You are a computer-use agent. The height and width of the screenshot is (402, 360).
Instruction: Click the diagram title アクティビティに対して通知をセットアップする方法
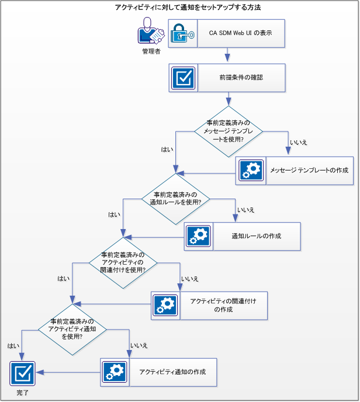(180, 8)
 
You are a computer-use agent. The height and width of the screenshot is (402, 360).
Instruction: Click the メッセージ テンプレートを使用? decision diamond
(229, 131)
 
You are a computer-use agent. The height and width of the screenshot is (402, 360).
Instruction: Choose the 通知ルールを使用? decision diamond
(176, 198)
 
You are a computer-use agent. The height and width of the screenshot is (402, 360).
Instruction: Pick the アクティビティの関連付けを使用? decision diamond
(123, 262)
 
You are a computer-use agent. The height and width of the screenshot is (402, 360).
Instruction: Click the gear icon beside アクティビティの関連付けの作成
(165, 305)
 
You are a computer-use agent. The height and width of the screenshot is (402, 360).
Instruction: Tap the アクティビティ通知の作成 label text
(171, 372)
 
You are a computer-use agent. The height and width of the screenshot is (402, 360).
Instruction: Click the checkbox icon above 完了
(23, 372)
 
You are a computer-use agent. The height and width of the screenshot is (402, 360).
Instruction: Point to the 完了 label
(22, 393)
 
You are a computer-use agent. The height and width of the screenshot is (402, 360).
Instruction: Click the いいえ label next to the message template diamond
(299, 142)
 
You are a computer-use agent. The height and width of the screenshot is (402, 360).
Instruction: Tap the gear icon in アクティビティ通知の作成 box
(115, 372)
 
